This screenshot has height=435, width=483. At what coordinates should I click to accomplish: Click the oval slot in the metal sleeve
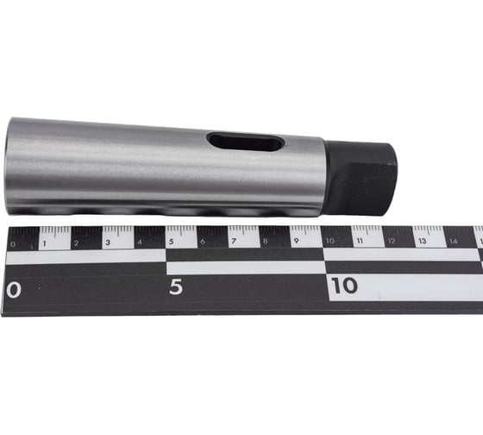coord(246,142)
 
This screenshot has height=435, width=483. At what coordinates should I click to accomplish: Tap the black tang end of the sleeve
coord(360,178)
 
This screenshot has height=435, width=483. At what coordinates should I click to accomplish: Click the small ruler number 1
coord(44,243)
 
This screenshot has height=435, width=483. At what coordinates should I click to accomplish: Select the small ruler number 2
coord(76,243)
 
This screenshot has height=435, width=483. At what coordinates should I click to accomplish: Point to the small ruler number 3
coord(108,243)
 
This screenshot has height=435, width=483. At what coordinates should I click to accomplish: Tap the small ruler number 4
coord(140,243)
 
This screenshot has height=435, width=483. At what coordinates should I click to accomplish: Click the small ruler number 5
coord(172,242)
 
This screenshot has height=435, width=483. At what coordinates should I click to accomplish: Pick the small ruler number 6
coord(203,242)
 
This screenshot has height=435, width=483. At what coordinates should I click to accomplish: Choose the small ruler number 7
coord(234,242)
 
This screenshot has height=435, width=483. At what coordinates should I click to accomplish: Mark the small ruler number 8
coord(266,241)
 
